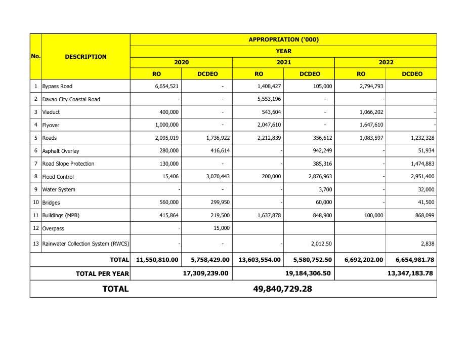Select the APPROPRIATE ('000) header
point(283,39)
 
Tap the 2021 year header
point(283,62)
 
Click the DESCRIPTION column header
point(86,57)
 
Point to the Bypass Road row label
point(57,86)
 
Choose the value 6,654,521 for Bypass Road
point(166,86)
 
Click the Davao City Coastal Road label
point(71,99)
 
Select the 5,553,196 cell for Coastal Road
point(269,99)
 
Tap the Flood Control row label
point(58,177)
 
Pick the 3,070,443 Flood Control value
point(218,177)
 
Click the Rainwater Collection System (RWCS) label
point(86,244)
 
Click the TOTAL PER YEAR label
point(102,273)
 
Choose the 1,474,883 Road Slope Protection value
point(421,164)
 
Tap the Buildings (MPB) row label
point(61,215)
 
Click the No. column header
point(35,56)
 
